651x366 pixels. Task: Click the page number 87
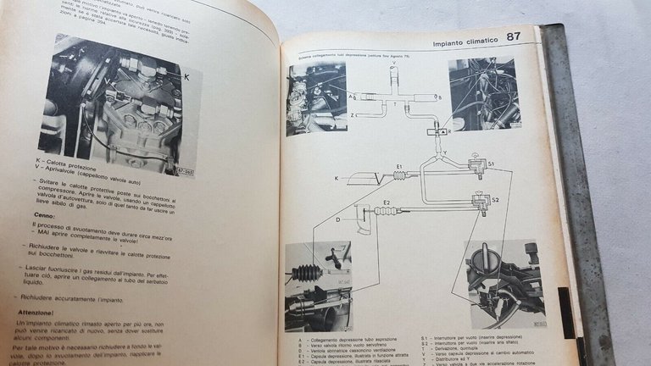[x=514, y=36]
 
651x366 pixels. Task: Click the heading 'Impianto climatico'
[x=463, y=42]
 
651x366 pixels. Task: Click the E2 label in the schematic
[x=386, y=204]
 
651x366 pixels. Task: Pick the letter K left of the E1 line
[x=337, y=178]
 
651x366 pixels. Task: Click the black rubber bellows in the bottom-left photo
[x=305, y=273]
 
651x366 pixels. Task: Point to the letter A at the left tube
[x=351, y=97]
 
